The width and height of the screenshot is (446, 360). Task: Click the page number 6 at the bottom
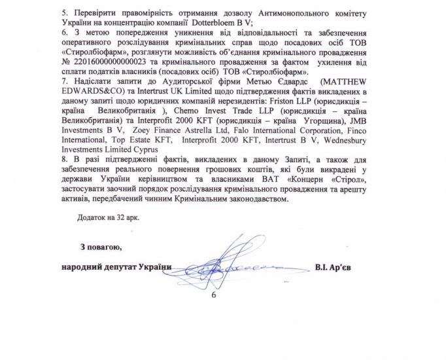coord(213,295)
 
